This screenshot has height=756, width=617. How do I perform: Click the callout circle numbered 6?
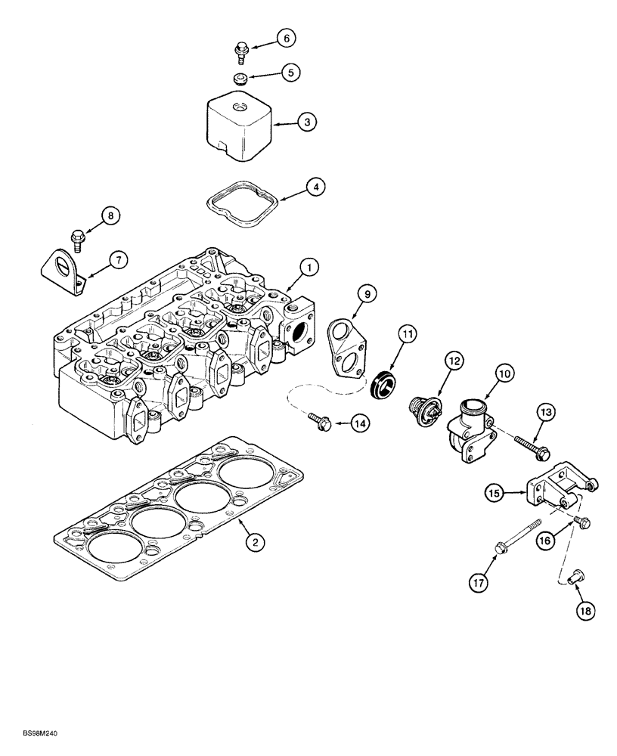coord(286,38)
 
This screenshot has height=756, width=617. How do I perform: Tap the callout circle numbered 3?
coord(306,121)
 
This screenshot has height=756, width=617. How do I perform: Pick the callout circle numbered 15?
coord(493,494)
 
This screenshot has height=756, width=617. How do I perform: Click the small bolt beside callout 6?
coord(240,51)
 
